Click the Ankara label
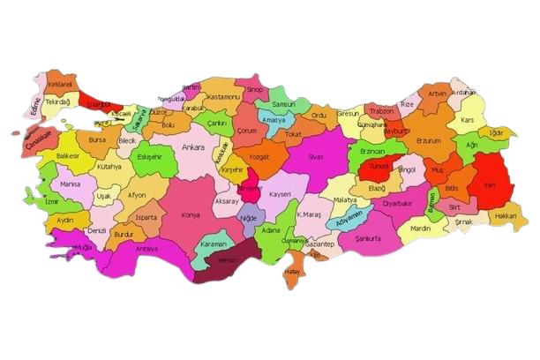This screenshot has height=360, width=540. pos(193,147)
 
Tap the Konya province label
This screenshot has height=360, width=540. pos(189,214)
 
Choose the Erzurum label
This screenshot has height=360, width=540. pos(427,140)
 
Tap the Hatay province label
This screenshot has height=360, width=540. pos(292,272)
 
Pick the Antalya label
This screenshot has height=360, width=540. pos(146,249)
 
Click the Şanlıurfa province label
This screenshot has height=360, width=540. pos(362,238)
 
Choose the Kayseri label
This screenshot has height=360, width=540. pos(280,193)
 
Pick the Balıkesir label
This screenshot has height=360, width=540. pos(68,155)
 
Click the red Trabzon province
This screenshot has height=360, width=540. pos(381,112)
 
